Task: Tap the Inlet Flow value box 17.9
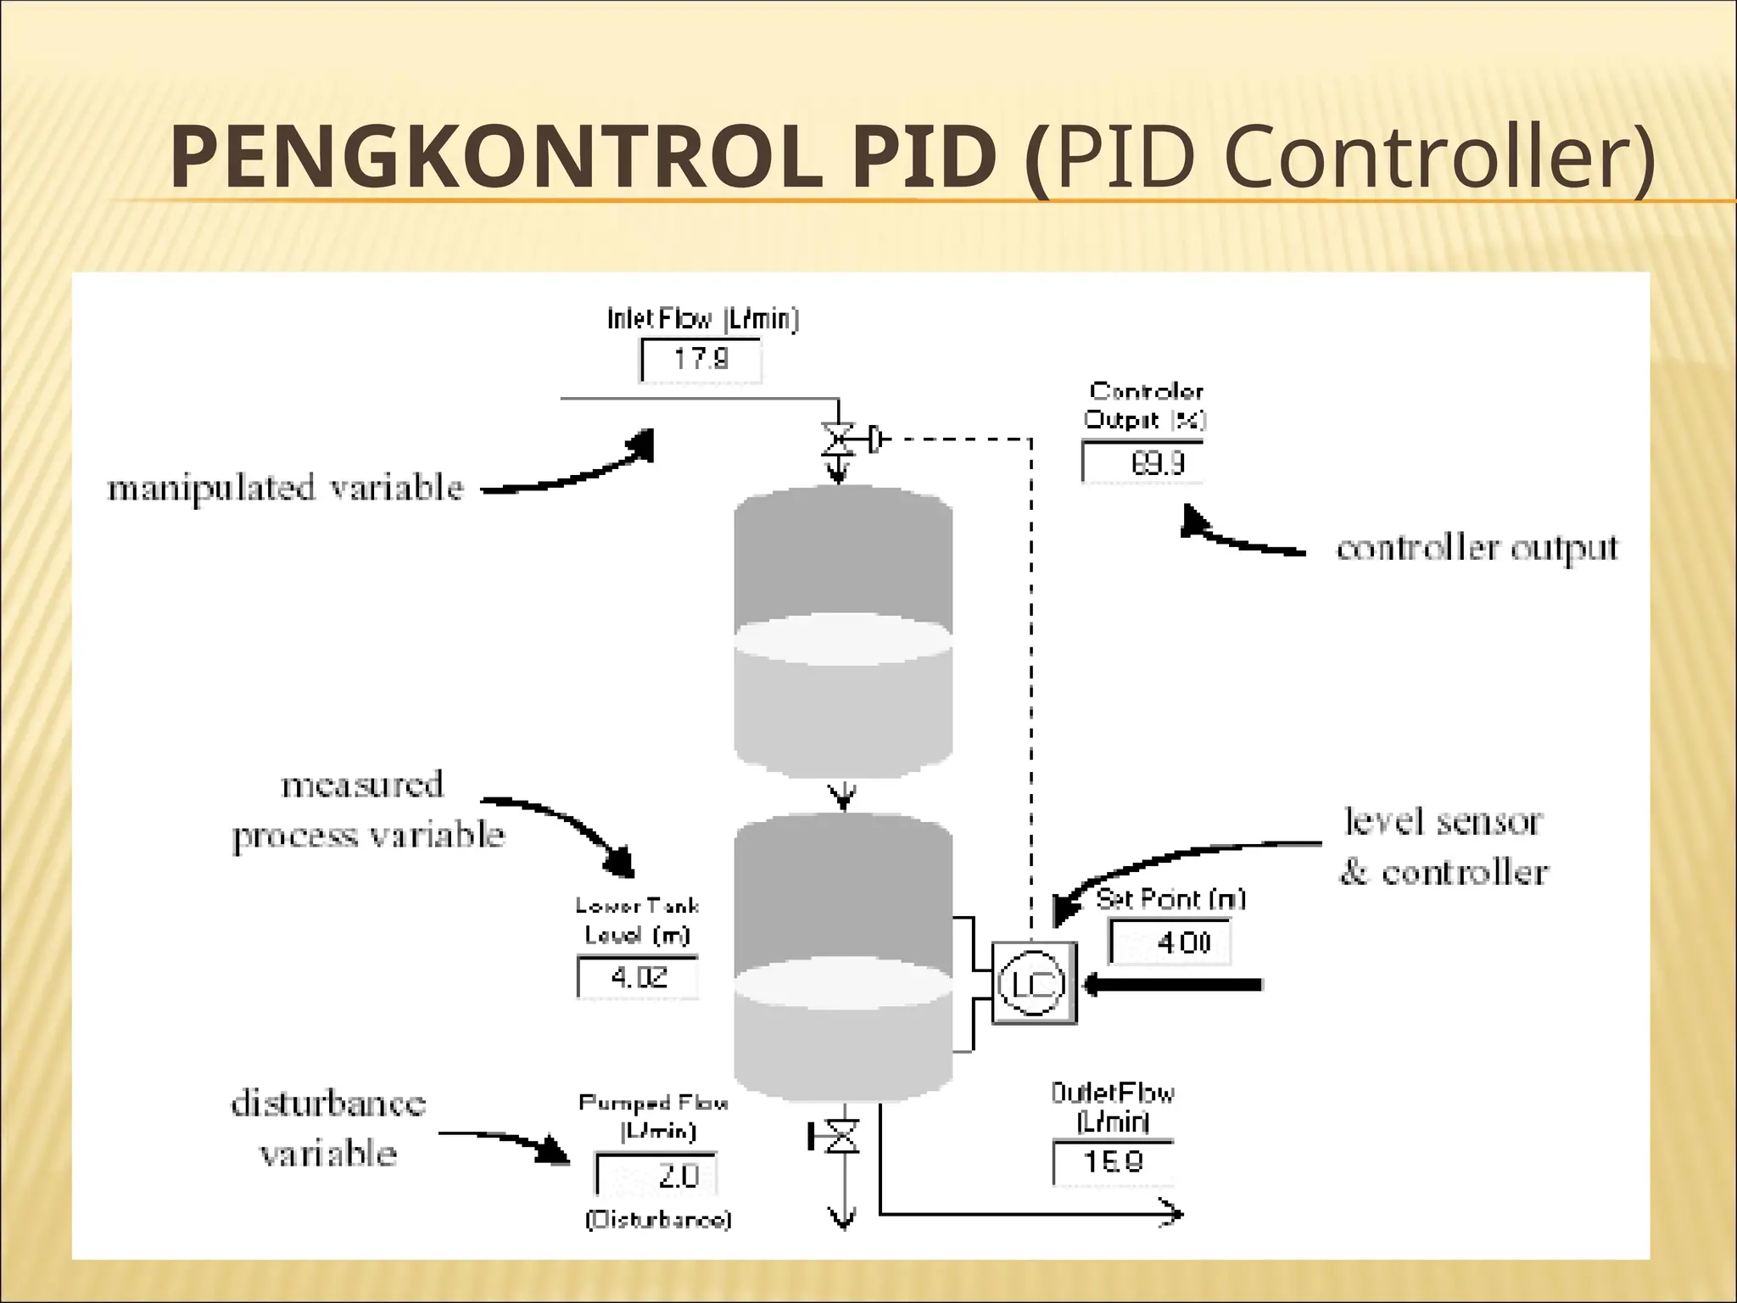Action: (x=701, y=360)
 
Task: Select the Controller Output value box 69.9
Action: (x=1143, y=462)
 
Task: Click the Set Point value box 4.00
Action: (x=1170, y=942)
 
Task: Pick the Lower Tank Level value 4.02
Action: (x=638, y=977)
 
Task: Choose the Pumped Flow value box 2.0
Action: (x=657, y=1176)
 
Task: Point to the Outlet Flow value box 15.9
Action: (x=1114, y=1161)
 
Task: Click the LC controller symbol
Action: (x=1033, y=983)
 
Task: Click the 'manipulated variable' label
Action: (x=286, y=489)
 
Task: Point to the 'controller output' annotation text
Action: (x=1477, y=549)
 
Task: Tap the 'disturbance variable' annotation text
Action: (x=328, y=1128)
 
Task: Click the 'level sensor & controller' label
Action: (x=1444, y=847)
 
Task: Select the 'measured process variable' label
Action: (x=367, y=810)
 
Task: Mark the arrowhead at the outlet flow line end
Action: (x=1173, y=1214)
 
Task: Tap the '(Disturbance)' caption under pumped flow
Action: (x=658, y=1220)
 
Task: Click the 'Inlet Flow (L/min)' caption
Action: (x=702, y=319)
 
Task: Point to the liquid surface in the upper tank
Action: (x=842, y=640)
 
